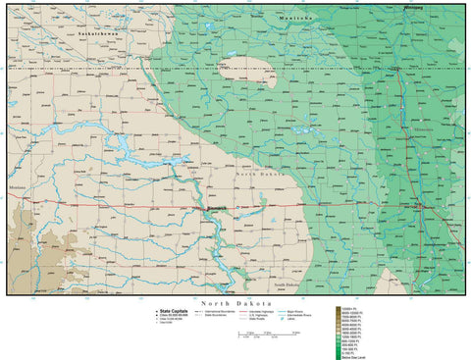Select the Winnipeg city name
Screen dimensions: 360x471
click(x=418, y=6)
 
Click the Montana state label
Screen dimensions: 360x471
click(x=17, y=187)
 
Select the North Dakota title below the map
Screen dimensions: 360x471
click(x=235, y=304)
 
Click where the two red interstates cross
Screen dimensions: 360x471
click(x=420, y=207)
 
